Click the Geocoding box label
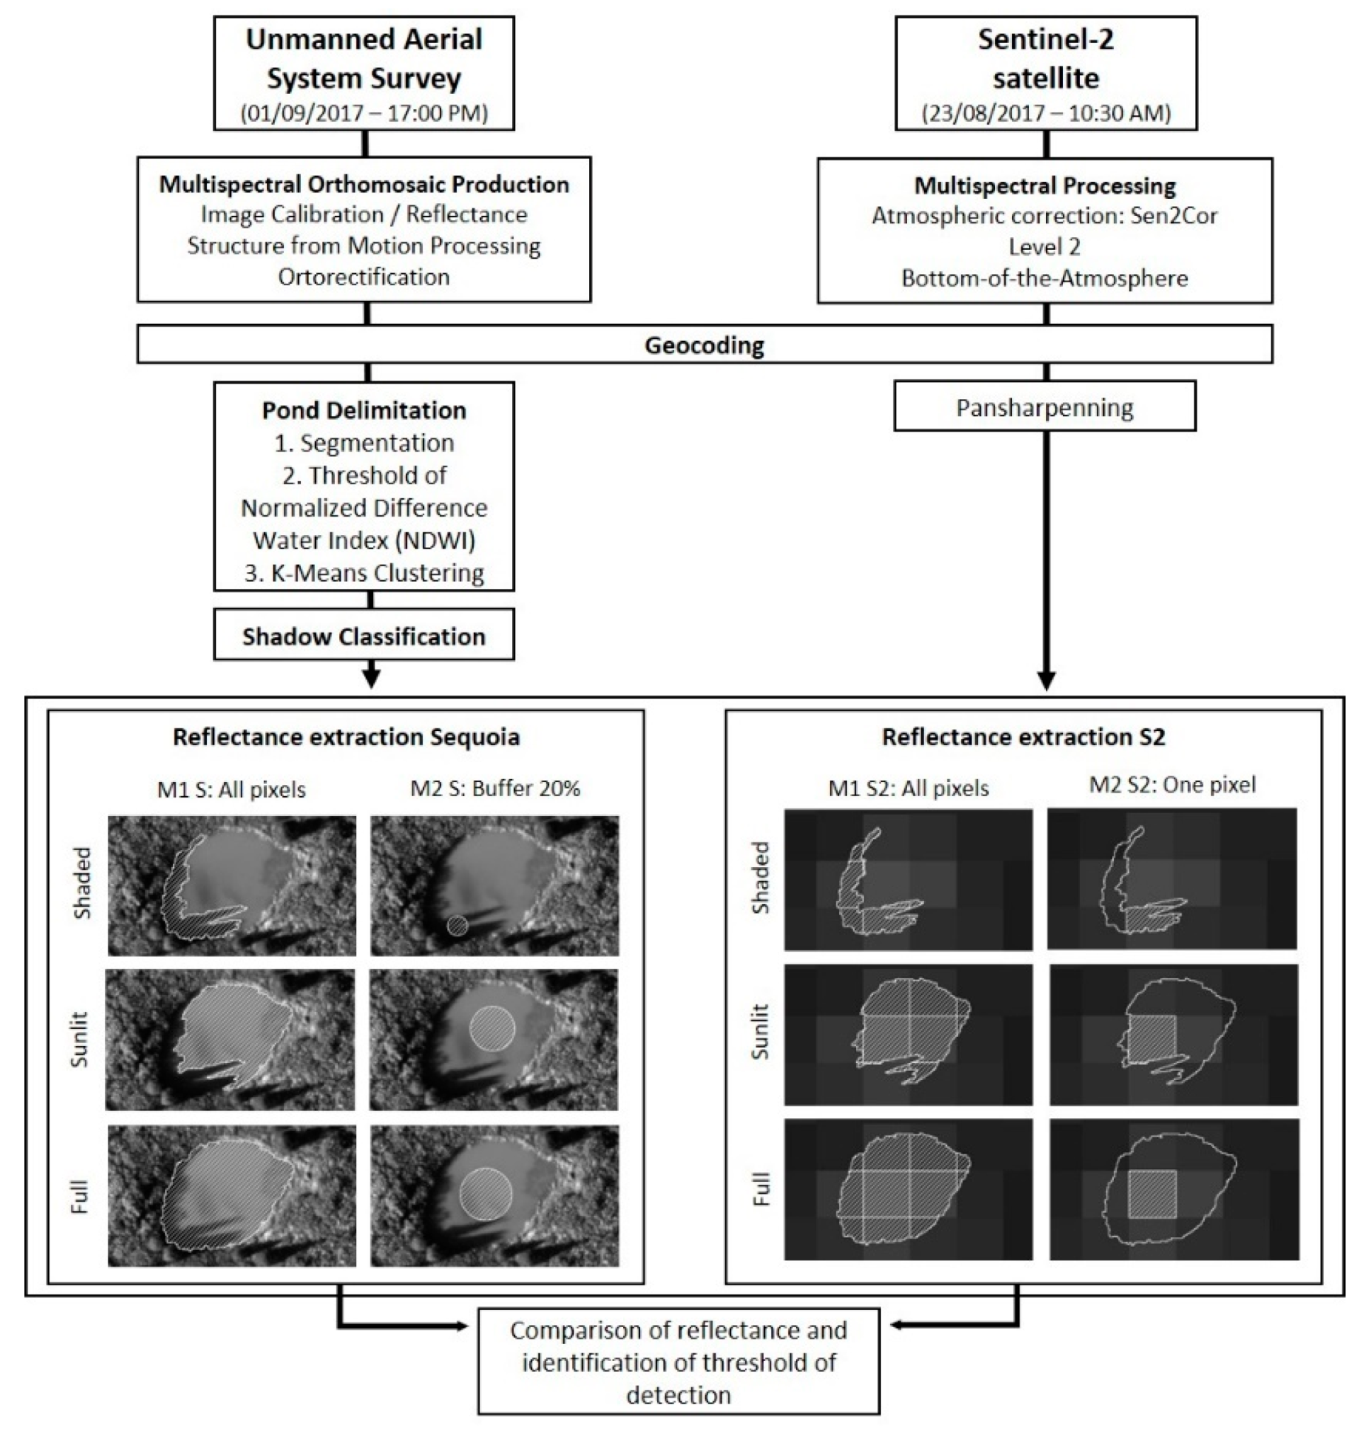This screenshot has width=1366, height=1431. pos(704,345)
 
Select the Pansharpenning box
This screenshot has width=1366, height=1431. pos(1045,408)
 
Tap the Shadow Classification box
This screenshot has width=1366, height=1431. pos(363,636)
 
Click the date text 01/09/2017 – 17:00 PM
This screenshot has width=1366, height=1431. pos(363,113)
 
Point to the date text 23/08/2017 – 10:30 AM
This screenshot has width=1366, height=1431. pos(1046,113)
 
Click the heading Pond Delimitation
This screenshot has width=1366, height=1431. pos(363,410)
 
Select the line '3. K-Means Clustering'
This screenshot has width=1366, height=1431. pos(363,573)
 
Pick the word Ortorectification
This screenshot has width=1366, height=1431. pos(363,277)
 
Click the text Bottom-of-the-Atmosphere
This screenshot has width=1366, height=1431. pos(1045,278)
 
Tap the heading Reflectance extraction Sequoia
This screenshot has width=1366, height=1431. pos(346,737)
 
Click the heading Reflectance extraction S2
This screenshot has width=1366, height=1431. pos(1023,737)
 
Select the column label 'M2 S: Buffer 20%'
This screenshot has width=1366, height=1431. pos(495,788)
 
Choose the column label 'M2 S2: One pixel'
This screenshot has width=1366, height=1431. pos(1172,784)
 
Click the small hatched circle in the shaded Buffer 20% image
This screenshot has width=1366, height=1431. pos(457,925)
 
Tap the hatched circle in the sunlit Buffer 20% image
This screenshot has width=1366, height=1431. pos(492,1028)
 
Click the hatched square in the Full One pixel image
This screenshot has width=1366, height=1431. pos(1152,1195)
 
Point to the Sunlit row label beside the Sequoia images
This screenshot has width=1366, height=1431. pos(79,1040)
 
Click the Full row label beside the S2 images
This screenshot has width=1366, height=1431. pos(760,1190)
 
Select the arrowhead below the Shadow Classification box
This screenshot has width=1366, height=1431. pos(371,679)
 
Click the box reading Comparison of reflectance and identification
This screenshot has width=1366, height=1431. pos(678,1362)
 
